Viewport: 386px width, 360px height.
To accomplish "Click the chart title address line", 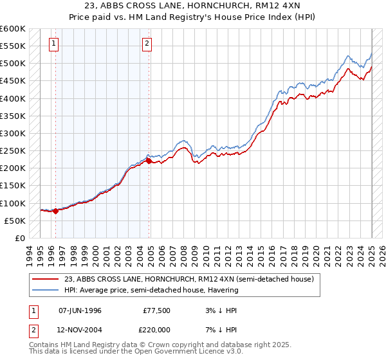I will (192, 6).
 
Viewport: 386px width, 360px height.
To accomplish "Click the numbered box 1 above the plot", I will (53, 44).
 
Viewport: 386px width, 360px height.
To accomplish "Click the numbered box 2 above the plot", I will (147, 44).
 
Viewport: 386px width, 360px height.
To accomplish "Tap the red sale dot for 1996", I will (55, 210).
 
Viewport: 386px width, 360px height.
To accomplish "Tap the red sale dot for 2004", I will (149, 161).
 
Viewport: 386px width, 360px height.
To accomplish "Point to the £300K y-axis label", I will (13, 133).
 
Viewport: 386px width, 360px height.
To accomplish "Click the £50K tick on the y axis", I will (15, 221).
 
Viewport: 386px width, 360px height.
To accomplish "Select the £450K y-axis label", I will (13, 81).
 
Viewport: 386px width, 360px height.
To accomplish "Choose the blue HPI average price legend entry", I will (151, 290).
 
